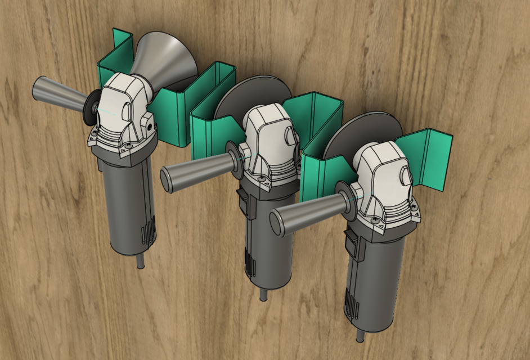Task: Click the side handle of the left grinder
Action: tap(56, 93)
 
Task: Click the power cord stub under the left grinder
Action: tap(140, 261)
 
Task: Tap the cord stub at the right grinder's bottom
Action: tap(361, 335)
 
